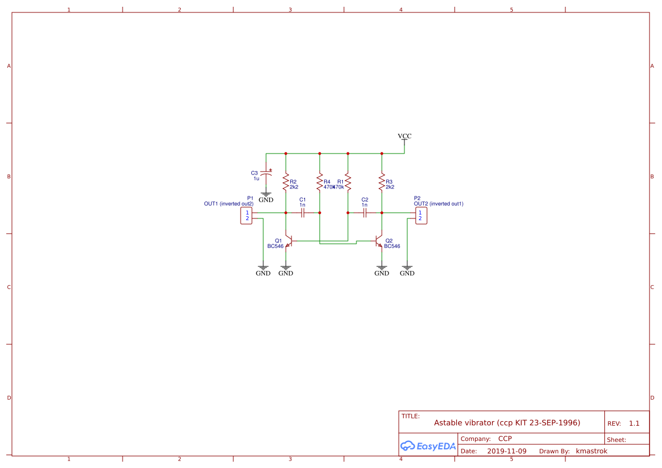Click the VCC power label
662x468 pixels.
click(404, 137)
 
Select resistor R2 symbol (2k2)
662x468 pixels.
click(286, 183)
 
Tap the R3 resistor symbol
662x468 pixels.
click(382, 183)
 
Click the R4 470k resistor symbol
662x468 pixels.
click(320, 183)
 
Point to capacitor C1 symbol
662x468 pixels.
click(303, 213)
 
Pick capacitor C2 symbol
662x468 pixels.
click(365, 213)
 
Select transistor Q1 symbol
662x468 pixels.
click(289, 241)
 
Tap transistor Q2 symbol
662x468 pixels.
click(379, 241)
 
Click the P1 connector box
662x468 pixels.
click(246, 216)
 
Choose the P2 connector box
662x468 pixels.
click(421, 216)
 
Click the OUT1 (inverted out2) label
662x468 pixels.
click(229, 204)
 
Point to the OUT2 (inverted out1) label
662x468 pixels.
click(438, 204)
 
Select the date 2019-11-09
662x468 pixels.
click(507, 451)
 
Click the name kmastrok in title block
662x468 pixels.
click(591, 451)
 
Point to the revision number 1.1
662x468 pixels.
click(634, 423)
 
